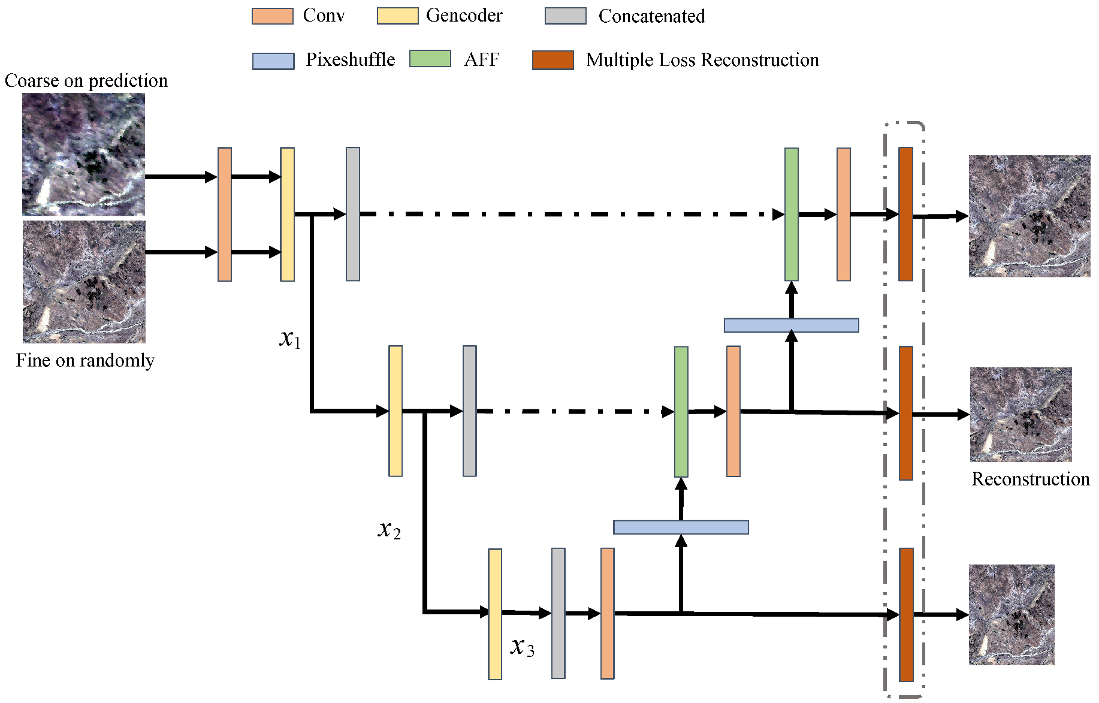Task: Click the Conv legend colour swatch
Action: coord(272,16)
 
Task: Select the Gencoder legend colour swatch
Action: coord(397,16)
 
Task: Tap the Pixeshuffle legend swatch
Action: coord(273,61)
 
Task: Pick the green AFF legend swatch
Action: coord(430,59)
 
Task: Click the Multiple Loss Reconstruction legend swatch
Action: coord(552,60)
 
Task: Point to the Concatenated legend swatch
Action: coord(565,16)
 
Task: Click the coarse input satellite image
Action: coord(83,155)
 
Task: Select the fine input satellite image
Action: coord(84,282)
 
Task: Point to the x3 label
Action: coord(522,647)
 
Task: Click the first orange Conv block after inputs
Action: coord(225,214)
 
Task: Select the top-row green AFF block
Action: coord(791,214)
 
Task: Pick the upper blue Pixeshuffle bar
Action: coord(791,325)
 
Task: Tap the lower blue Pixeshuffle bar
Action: coord(681,527)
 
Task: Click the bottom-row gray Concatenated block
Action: coord(558,613)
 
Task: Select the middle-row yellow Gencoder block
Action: coord(395,411)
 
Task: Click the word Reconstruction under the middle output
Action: coord(1030,479)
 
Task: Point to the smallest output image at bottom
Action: coord(1011,614)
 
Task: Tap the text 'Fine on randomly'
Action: coord(85,360)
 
